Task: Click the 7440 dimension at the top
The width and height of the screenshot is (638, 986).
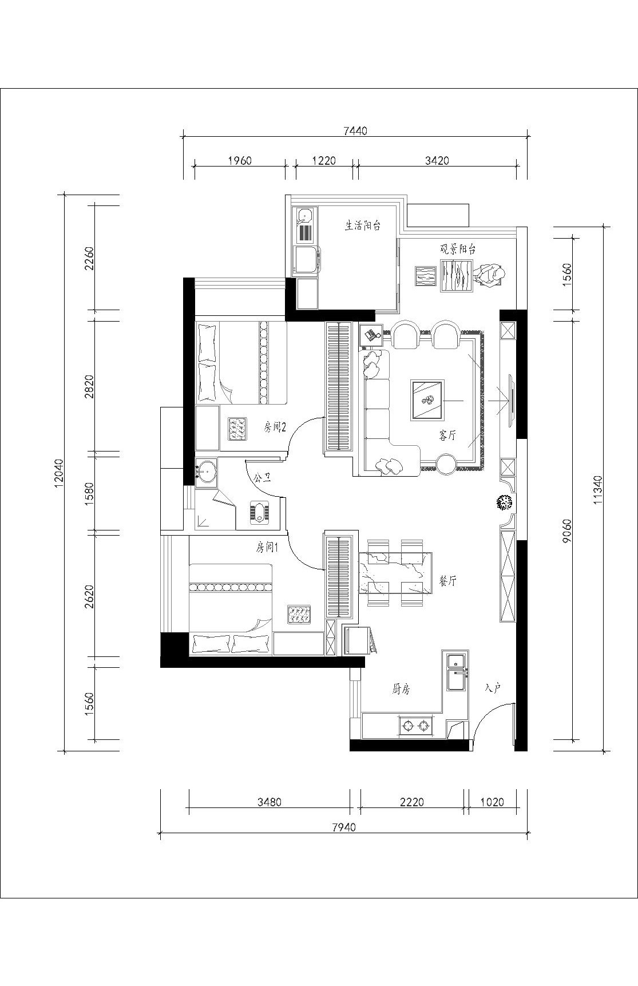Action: pyautogui.click(x=355, y=130)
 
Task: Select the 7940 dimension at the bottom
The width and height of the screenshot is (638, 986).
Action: pyautogui.click(x=343, y=827)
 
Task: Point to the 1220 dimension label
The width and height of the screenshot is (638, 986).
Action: pyautogui.click(x=324, y=160)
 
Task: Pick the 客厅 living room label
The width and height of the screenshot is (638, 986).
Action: pyautogui.click(x=448, y=435)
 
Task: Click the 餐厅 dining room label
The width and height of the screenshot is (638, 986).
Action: pyautogui.click(x=447, y=581)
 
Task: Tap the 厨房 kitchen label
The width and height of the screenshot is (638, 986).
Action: pyautogui.click(x=401, y=690)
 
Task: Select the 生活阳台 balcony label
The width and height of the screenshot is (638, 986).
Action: pyautogui.click(x=363, y=225)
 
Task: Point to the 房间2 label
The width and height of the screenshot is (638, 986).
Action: pyautogui.click(x=275, y=426)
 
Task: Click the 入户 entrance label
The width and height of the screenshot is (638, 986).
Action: pyautogui.click(x=493, y=687)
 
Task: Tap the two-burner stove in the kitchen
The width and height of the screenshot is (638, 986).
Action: pyautogui.click(x=416, y=726)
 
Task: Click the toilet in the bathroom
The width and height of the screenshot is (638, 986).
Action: pyautogui.click(x=261, y=512)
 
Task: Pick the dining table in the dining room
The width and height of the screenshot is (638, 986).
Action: pyautogui.click(x=395, y=572)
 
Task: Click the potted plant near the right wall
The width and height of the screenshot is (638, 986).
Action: pyautogui.click(x=504, y=503)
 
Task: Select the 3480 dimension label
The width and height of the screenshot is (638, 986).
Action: pyautogui.click(x=269, y=802)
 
